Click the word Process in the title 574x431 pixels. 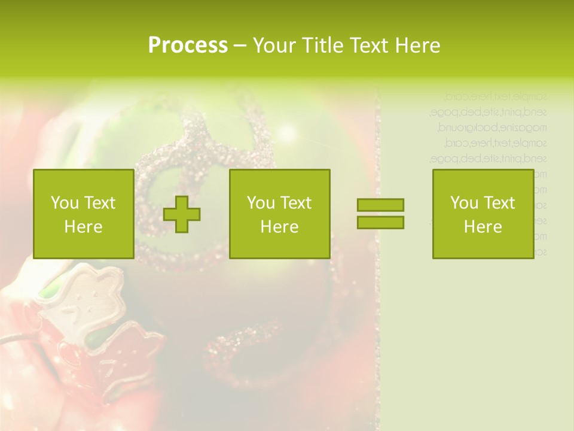(188, 45)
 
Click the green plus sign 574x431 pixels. (182, 214)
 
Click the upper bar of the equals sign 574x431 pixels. (380, 205)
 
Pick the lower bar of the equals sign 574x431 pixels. (380, 222)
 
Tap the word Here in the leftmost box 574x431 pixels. (83, 227)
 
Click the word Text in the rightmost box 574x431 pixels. (499, 203)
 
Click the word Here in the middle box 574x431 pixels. (279, 227)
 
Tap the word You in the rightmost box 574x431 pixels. (464, 203)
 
